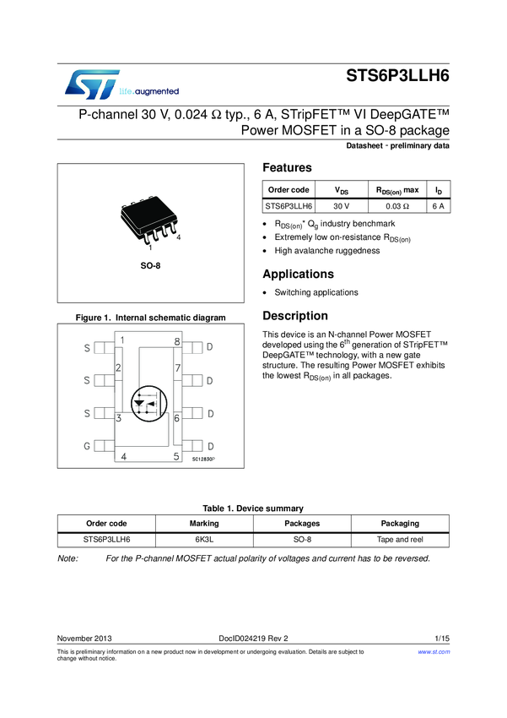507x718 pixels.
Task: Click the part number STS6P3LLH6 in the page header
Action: point(397,74)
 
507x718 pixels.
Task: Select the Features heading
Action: point(287,167)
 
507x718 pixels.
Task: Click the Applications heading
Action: point(298,275)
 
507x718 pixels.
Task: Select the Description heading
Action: point(295,316)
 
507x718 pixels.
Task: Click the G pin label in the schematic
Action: point(86,446)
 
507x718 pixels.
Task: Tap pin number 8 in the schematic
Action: point(177,342)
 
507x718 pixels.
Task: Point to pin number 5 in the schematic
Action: point(176,457)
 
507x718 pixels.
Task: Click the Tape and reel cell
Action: point(400,538)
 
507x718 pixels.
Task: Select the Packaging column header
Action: point(400,523)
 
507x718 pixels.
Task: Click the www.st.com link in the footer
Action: point(434,652)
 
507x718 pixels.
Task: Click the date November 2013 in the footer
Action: point(84,637)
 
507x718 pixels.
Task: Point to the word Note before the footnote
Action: point(67,558)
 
